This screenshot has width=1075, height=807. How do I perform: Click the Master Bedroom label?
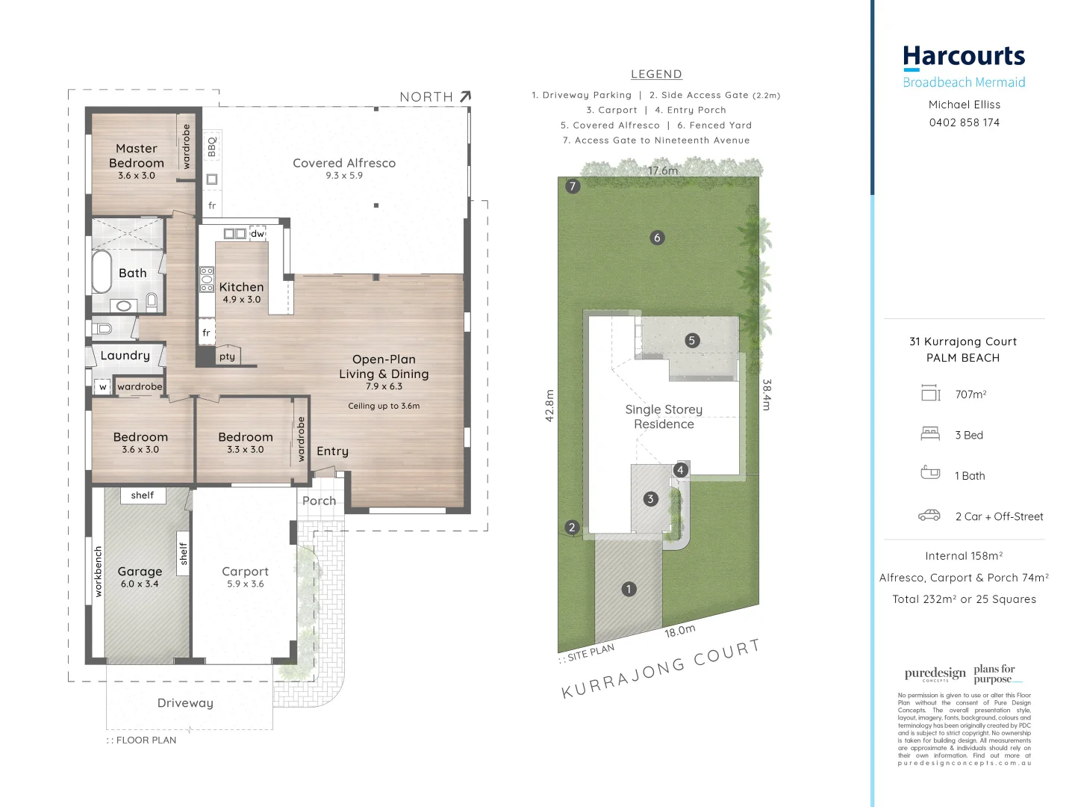click(x=137, y=156)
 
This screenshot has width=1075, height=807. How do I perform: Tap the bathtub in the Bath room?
click(x=101, y=272)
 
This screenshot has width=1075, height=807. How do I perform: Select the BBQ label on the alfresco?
click(x=212, y=146)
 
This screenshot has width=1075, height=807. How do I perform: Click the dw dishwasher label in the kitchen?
click(x=258, y=234)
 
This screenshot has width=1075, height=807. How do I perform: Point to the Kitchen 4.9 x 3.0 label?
click(x=241, y=292)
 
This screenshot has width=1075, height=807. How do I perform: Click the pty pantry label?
click(x=228, y=356)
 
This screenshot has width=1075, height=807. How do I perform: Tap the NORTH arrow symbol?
click(x=465, y=96)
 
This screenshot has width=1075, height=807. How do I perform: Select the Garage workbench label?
click(x=98, y=572)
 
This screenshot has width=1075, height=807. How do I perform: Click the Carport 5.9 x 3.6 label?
click(x=245, y=576)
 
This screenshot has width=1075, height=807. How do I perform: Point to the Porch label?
click(x=319, y=501)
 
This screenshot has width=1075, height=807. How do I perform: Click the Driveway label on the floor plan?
click(x=185, y=703)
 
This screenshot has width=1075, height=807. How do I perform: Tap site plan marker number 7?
click(x=573, y=186)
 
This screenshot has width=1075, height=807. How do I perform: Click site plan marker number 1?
click(x=629, y=589)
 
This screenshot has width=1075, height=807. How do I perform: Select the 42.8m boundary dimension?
click(x=549, y=406)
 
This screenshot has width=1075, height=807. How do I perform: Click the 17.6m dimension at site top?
click(x=663, y=170)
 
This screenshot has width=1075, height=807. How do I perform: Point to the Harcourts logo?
click(x=964, y=57)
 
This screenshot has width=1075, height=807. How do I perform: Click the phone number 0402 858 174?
click(x=964, y=123)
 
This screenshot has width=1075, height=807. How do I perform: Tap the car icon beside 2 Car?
click(x=929, y=516)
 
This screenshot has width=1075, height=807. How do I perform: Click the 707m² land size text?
click(x=970, y=395)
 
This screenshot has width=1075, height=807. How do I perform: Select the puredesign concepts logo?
click(x=935, y=674)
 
